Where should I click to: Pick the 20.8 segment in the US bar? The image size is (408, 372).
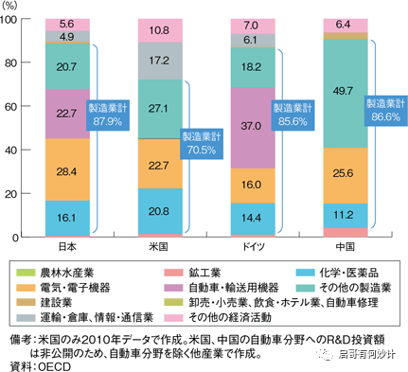click(x=159, y=209)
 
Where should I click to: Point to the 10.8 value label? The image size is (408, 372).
click(x=159, y=29)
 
